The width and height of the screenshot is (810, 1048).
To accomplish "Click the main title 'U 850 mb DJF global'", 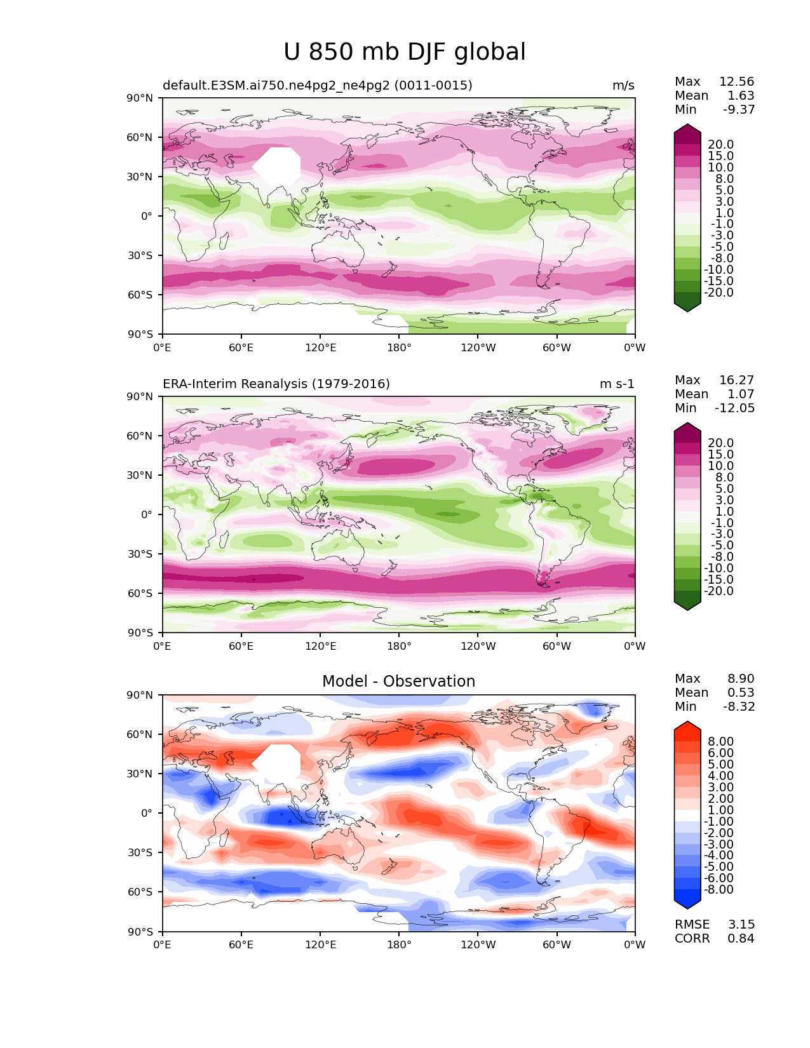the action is (404, 52).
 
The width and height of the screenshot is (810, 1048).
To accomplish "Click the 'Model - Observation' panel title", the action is (398, 681).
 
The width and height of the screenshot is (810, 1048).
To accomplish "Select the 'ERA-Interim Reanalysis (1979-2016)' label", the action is (276, 384).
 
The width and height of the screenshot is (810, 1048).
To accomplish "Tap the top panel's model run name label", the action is (318, 85).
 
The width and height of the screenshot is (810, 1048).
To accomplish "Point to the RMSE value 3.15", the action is (741, 924).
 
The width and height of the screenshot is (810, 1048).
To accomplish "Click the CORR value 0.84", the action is (741, 938).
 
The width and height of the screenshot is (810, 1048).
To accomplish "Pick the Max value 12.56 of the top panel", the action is (737, 81).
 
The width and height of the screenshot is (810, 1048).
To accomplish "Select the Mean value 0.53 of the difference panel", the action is (741, 692).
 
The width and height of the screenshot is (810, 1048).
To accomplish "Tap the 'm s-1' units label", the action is (617, 384).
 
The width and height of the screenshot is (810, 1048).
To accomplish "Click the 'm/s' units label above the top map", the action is (623, 85).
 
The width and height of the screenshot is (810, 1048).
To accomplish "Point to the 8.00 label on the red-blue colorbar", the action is (721, 741).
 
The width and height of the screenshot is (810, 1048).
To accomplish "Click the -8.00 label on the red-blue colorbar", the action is (719, 889).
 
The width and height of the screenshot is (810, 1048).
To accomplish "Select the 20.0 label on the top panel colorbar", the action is (721, 144).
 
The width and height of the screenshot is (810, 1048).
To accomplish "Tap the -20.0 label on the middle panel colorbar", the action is (719, 591).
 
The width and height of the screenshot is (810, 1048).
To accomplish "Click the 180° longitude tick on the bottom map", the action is (399, 944).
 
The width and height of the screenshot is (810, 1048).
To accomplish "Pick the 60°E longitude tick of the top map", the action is (241, 347).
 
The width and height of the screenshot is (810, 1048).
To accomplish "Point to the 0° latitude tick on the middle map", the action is (147, 514).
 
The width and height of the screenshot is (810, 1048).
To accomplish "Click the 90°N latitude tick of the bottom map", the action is (140, 695).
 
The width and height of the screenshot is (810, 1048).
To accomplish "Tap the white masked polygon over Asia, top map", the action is (277, 166).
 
